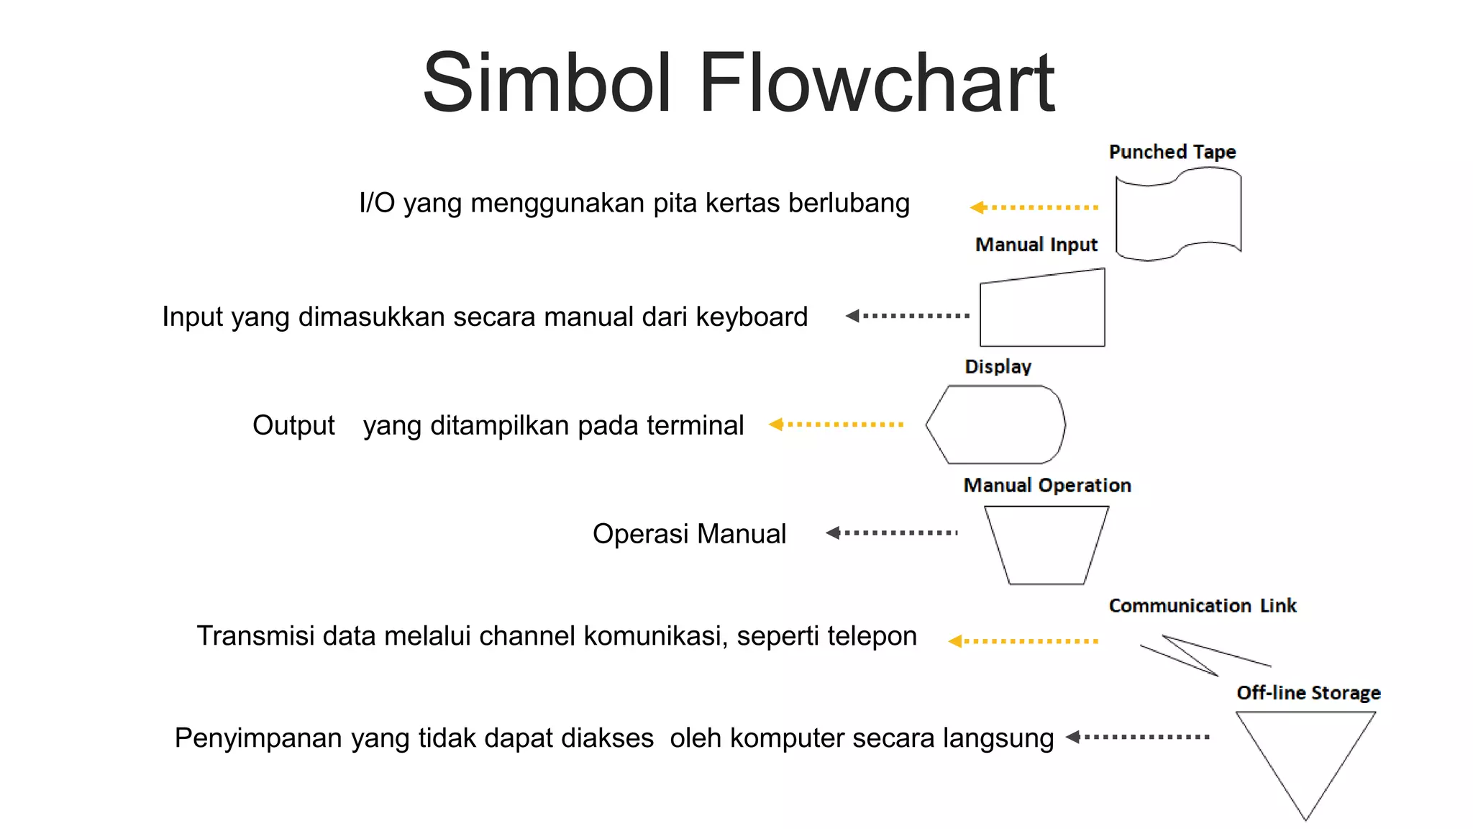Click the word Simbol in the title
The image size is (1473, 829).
click(547, 83)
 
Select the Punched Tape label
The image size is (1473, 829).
click(1172, 152)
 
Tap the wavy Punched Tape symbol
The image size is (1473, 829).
click(1178, 214)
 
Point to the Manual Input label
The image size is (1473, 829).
click(1036, 245)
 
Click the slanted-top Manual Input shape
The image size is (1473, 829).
click(1042, 311)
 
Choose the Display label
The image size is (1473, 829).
click(998, 366)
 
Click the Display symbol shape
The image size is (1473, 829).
click(996, 425)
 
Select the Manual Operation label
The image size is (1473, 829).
click(1046, 485)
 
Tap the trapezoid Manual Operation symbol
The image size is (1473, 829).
click(1046, 544)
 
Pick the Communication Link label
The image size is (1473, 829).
click(1202, 605)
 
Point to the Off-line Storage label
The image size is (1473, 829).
click(1308, 692)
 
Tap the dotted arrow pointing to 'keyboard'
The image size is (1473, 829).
click(908, 315)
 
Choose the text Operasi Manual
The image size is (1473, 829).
click(689, 534)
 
